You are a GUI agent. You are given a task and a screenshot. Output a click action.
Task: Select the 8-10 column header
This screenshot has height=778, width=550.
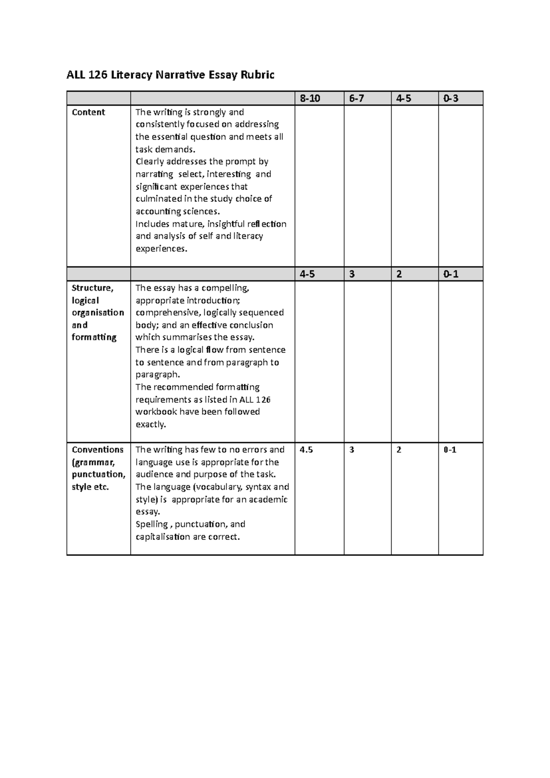coord(310,98)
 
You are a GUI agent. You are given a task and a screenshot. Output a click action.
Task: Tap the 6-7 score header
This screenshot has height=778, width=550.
coord(357,98)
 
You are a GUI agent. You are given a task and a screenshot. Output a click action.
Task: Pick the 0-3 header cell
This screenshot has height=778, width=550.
coord(451,98)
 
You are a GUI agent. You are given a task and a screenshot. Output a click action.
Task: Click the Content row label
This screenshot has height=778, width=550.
coord(88,112)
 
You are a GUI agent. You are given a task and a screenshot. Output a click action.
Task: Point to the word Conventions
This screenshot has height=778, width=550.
coord(98,450)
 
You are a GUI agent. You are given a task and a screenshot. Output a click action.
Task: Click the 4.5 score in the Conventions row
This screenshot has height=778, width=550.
coord(306,450)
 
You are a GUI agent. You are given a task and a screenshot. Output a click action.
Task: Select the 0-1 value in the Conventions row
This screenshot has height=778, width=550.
coord(450,450)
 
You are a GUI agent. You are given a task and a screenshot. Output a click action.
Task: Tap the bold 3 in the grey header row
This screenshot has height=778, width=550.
coord(352,274)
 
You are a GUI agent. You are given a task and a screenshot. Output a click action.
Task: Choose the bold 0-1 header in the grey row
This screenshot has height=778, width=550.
coord(451,274)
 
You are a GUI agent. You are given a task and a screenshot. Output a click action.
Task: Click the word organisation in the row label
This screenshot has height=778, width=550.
coord(98,313)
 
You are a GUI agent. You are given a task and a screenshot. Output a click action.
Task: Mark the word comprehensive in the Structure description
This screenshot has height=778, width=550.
coord(168,313)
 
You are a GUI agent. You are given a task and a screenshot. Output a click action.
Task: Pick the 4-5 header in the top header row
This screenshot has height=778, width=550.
coord(404,98)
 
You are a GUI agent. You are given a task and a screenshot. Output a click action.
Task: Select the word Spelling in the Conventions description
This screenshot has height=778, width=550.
coord(152,524)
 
